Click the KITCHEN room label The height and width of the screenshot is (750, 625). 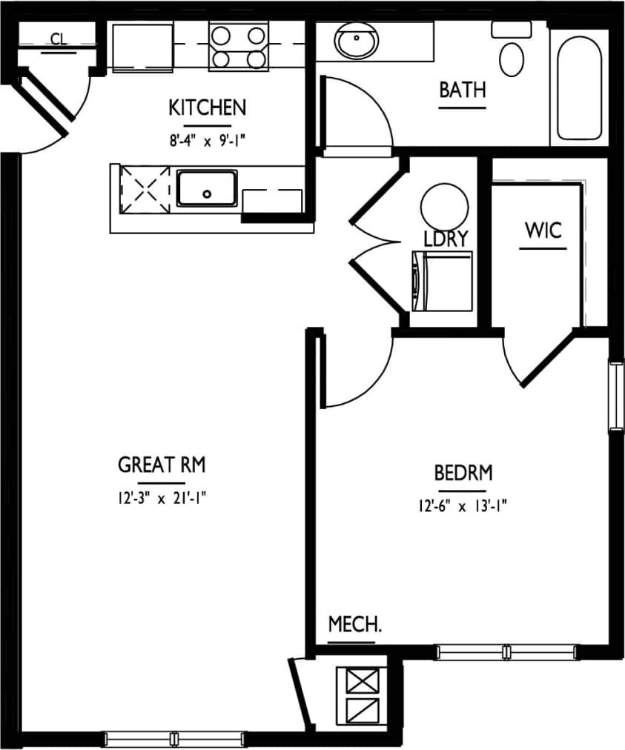207,107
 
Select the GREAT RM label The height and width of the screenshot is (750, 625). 162,465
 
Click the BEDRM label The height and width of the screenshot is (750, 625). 463,472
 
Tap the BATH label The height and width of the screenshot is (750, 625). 463,90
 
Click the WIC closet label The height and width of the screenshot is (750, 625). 543,230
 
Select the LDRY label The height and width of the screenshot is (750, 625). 446,239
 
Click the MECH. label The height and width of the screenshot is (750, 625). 355,624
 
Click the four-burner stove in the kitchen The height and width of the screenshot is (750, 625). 238,46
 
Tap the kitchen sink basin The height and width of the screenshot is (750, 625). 207,189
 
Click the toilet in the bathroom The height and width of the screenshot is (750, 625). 512,52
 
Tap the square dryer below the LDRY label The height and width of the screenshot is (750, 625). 442,281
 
